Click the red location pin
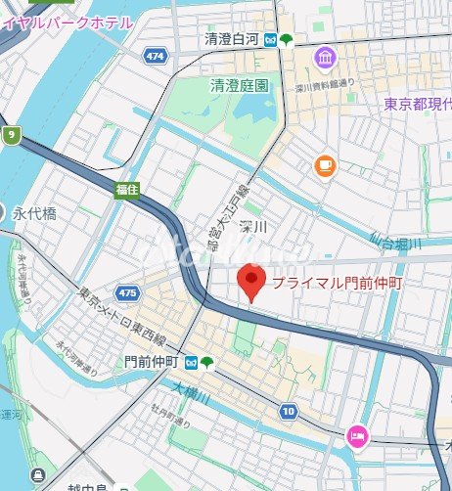click(x=251, y=282)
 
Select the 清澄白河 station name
click(x=231, y=40)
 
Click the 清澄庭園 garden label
click(x=239, y=86)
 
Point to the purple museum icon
click(x=324, y=61)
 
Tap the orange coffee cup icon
click(x=325, y=166)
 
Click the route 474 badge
click(x=154, y=58)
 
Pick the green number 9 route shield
click(x=11, y=135)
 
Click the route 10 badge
click(x=287, y=412)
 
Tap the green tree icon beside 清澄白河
click(x=286, y=40)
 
